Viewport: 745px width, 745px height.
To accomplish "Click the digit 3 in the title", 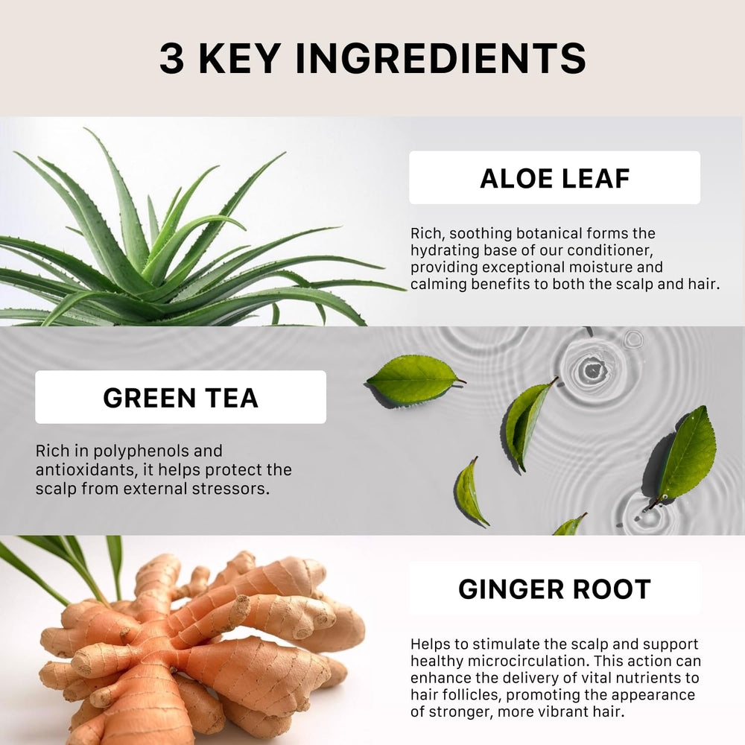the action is pyautogui.click(x=171, y=58).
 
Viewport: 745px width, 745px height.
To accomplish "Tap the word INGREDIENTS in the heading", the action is pyautogui.click(x=440, y=58).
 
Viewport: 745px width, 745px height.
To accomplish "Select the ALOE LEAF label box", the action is pyautogui.click(x=554, y=178).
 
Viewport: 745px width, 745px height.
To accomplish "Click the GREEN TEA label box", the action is pyautogui.click(x=180, y=397).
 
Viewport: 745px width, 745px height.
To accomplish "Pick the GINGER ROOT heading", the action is pyautogui.click(x=554, y=589).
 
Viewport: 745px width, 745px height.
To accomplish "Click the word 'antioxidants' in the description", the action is pyautogui.click(x=87, y=470).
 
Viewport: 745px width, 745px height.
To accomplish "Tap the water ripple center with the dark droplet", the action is pyautogui.click(x=592, y=370).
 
